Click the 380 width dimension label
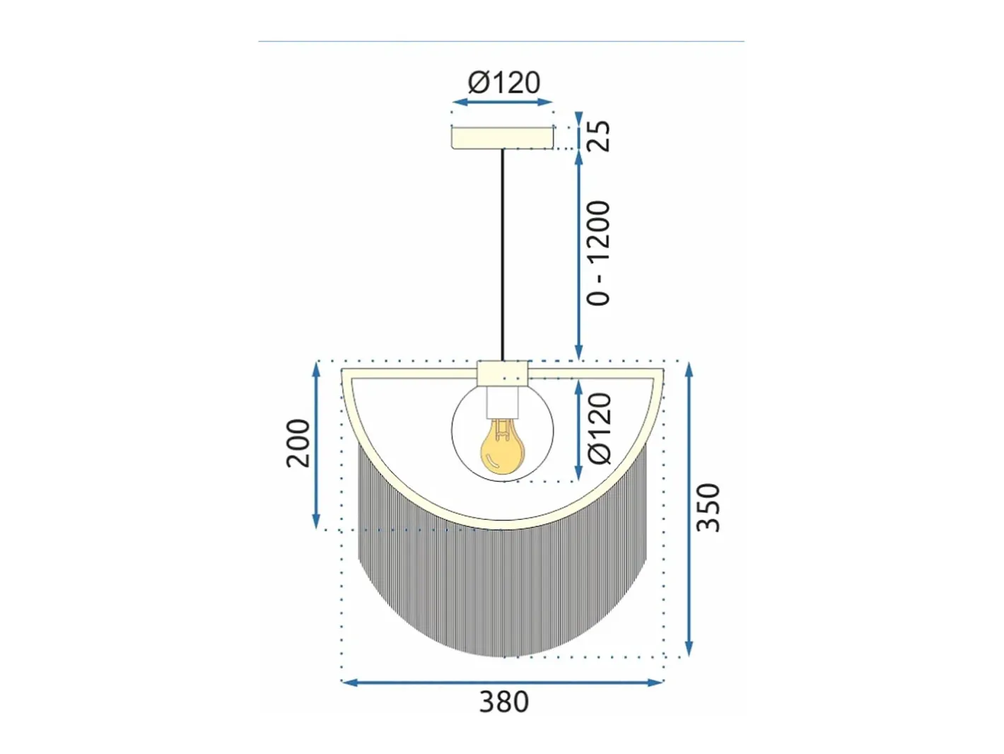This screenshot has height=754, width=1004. (x=503, y=702)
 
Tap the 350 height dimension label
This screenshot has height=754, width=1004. (x=708, y=507)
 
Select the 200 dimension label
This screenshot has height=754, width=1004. (x=298, y=443)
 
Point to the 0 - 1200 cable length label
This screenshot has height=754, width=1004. (x=598, y=253)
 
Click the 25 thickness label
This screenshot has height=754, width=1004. (x=598, y=135)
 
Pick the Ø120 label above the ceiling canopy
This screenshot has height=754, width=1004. (x=504, y=83)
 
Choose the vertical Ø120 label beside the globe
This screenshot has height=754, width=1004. (x=599, y=428)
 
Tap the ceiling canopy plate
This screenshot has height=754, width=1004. (x=502, y=138)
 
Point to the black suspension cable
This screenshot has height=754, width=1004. (x=502, y=255)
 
